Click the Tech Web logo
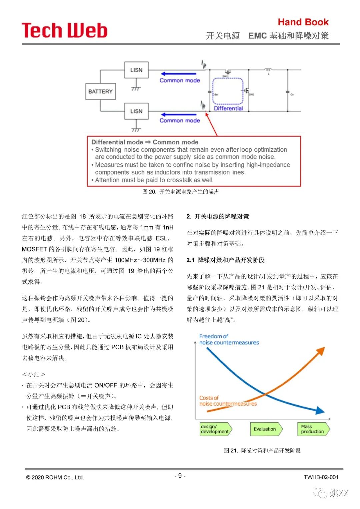64,30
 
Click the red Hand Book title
303,22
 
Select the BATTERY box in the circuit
100,91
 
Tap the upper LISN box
136,70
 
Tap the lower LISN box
136,111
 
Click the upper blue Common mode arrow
178,74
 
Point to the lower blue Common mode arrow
178,115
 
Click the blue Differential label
228,108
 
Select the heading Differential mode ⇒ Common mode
145,142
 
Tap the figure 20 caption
180,192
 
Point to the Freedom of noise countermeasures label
229,339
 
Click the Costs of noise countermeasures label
228,401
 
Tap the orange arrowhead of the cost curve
321,351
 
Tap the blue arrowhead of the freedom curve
320,411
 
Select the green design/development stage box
215,429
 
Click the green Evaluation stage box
265,429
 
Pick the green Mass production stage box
313,429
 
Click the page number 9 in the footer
180,476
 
